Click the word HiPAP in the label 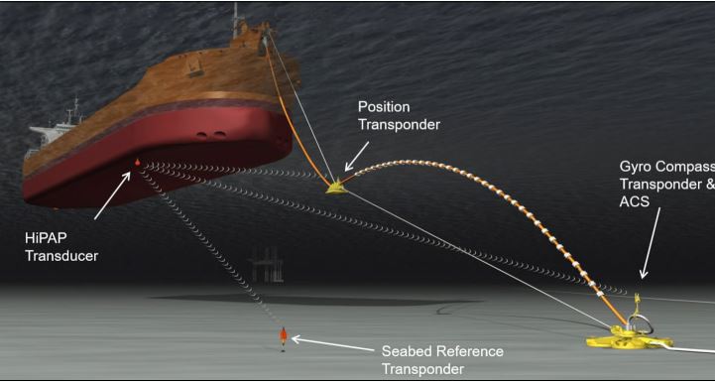[46, 238]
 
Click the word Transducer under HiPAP [61, 256]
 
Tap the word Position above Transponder [384, 107]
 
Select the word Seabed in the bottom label [405, 351]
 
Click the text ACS [635, 201]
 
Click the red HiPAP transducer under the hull [137, 162]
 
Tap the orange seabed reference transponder [284, 337]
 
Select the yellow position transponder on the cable [336, 188]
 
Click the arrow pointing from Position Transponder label [357, 156]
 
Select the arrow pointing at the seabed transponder [332, 344]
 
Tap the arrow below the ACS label [651, 243]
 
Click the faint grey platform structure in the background [267, 265]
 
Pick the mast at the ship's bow [237, 21]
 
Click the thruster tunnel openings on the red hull [210, 135]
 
